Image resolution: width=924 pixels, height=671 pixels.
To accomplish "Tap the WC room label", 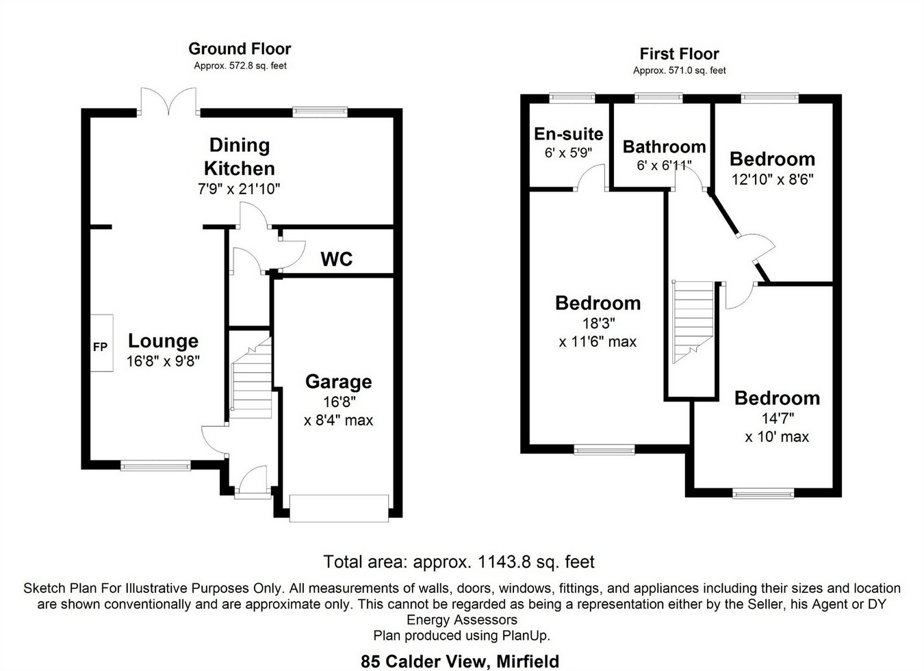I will click(337, 259).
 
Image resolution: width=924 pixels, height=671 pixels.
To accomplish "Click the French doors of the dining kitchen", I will click(168, 103).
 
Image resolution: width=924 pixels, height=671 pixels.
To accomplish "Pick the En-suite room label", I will click(568, 134).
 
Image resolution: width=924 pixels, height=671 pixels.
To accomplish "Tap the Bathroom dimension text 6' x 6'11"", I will click(664, 166).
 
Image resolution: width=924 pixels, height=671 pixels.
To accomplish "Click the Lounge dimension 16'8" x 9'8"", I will click(163, 361).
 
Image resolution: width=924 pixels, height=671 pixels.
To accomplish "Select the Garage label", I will click(338, 382).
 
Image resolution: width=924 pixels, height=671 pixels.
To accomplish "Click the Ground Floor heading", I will click(240, 49).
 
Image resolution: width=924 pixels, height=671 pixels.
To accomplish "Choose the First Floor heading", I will click(679, 54).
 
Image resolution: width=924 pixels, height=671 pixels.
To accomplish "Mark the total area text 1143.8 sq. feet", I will click(459, 562).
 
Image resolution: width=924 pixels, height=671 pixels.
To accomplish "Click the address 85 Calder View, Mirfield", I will click(460, 661).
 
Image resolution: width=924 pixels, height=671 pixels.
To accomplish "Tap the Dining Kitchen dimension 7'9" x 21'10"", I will click(240, 189).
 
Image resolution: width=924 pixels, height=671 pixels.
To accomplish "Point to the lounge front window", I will click(155, 466).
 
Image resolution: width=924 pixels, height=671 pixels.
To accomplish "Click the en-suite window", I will click(572, 98).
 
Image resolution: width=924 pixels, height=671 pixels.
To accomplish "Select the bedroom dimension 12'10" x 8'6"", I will click(772, 179).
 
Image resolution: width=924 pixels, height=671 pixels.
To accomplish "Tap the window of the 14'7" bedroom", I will click(763, 492).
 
